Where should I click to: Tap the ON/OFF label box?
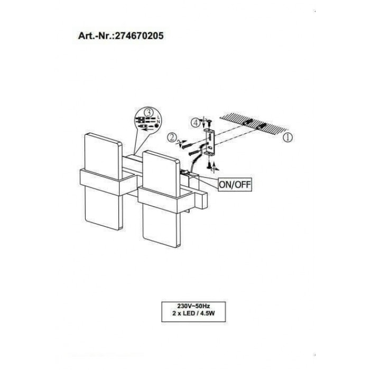tap(234, 185)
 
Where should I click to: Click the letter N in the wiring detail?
tap(159, 121)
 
